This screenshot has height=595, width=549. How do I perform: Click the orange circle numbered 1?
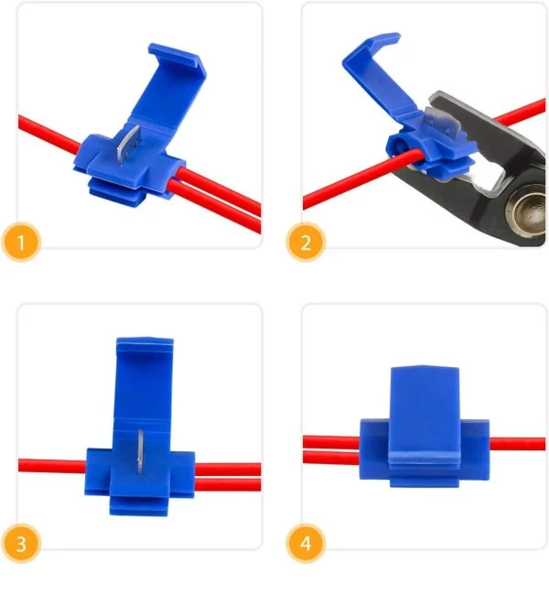(21, 242)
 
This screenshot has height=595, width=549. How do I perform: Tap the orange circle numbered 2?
(306, 242)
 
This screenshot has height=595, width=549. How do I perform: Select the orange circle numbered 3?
(21, 543)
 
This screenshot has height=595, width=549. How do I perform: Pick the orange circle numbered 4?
(306, 543)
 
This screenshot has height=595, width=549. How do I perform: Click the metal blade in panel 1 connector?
(128, 144)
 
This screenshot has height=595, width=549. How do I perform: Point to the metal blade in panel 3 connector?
(140, 452)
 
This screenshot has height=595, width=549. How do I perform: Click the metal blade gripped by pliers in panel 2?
(442, 123)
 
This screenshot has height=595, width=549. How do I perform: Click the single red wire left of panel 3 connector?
(52, 466)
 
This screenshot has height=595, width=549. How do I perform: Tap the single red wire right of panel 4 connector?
(518, 444)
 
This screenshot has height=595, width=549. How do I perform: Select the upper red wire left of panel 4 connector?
(331, 442)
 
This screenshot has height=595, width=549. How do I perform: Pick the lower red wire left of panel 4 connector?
(331, 458)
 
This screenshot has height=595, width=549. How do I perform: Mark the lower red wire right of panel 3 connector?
(228, 484)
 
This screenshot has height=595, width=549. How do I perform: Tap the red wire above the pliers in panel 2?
(521, 111)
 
